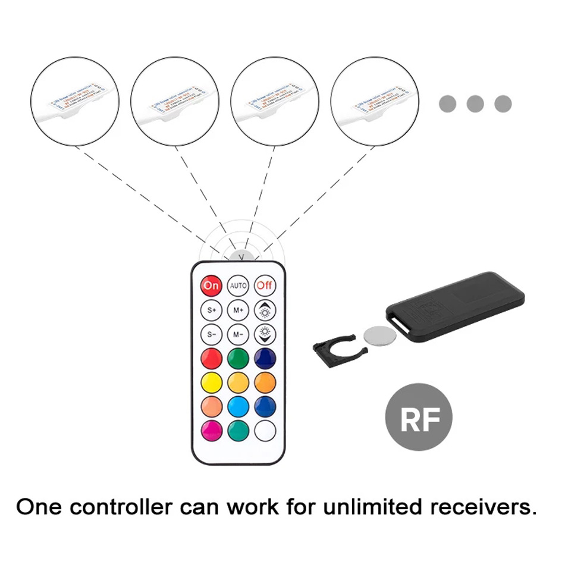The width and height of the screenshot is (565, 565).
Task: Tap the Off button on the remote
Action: (265, 286)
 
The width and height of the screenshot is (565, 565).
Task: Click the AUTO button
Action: (238, 286)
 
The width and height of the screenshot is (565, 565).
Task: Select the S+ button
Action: (212, 310)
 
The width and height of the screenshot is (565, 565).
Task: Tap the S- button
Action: (212, 334)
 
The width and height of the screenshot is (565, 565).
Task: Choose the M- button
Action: (238, 334)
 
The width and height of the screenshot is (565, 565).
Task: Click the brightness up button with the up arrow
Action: (265, 310)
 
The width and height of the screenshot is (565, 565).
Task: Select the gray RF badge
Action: (419, 417)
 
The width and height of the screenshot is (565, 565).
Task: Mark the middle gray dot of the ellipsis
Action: (475, 104)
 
